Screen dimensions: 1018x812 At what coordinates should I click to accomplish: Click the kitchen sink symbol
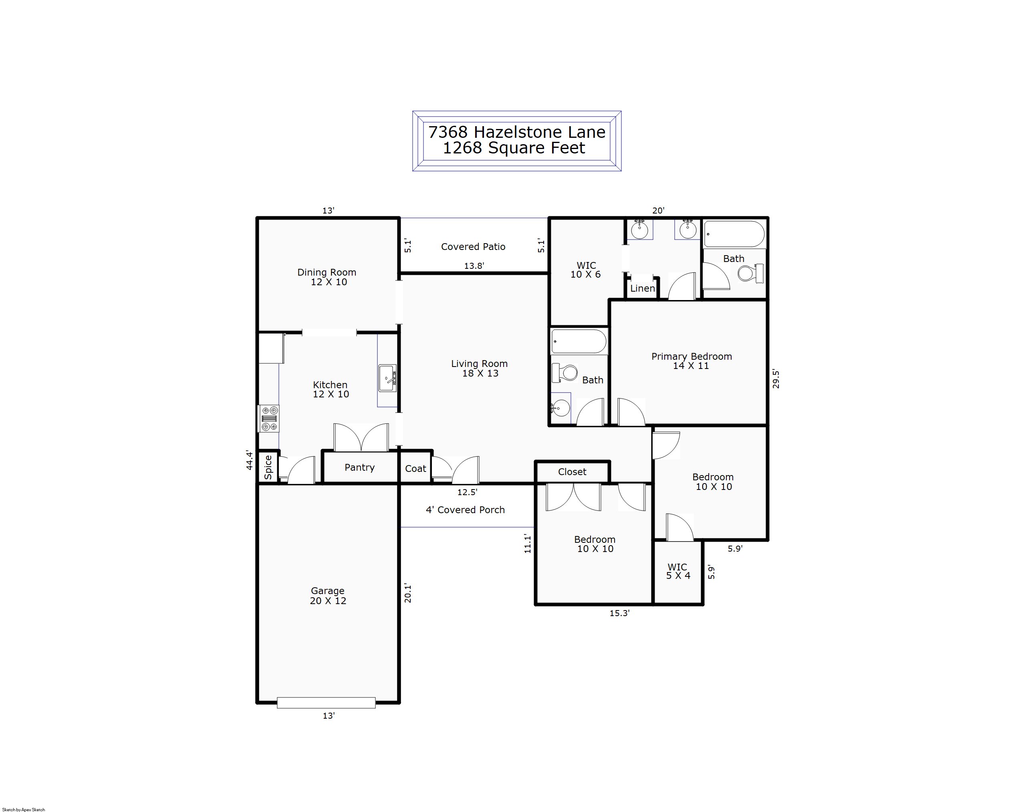(387, 378)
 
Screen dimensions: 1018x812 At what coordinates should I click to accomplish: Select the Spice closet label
(268, 467)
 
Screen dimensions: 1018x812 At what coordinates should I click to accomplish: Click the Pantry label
(360, 467)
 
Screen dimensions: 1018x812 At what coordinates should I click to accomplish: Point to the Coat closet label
(415, 469)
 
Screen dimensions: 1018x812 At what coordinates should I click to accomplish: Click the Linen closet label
(643, 288)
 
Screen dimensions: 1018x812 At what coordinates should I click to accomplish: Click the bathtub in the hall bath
(579, 341)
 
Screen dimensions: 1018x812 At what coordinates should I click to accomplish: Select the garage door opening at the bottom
(326, 703)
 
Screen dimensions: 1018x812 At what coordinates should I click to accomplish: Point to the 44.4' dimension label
(250, 460)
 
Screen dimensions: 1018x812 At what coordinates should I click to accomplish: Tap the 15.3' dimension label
(619, 613)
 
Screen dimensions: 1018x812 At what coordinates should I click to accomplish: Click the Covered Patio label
(473, 247)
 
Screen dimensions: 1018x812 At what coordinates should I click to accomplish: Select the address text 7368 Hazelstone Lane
(516, 132)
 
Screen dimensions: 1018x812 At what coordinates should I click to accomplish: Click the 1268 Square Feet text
(514, 148)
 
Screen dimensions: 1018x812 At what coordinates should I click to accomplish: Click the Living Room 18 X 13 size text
(480, 373)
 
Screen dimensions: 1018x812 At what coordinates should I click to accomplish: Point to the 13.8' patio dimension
(474, 266)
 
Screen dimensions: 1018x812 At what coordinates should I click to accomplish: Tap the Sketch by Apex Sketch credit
(24, 810)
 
